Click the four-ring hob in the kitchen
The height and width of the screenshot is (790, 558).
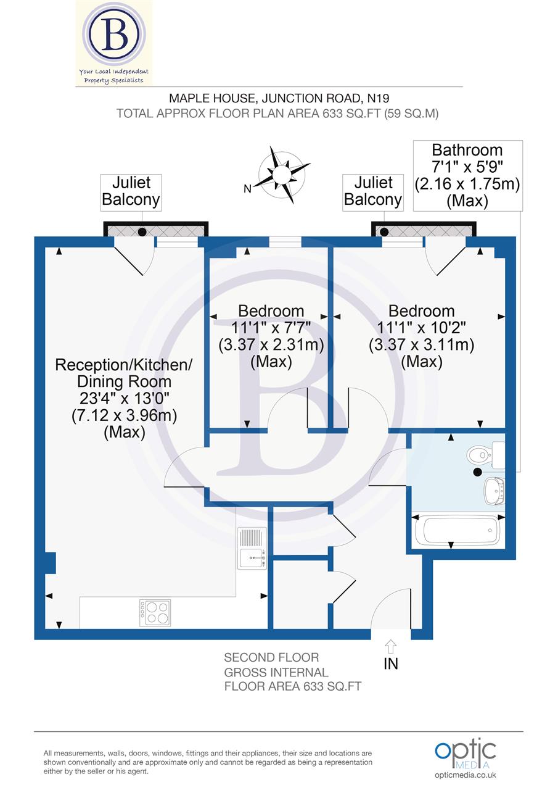tap(155, 613)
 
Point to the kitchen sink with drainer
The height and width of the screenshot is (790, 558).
tap(252, 548)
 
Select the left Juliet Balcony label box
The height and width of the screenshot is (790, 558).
tap(131, 191)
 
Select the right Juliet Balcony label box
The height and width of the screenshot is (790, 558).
tap(373, 191)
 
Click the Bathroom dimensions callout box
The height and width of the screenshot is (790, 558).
tap(467, 175)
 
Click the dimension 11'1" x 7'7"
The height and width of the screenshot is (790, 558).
tap(271, 328)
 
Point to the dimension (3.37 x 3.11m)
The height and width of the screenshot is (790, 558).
tap(422, 345)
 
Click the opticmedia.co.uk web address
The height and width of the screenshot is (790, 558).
tap(466, 775)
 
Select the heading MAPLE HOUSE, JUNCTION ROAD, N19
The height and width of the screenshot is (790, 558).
tap(279, 98)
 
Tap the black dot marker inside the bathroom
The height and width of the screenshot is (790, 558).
tap(477, 473)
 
